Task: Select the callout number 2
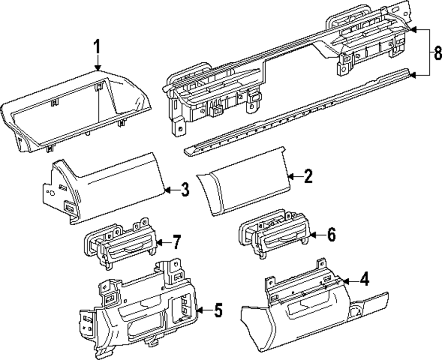point(308,177)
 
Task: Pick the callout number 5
point(218,311)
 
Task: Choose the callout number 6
point(331,234)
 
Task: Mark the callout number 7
point(176,242)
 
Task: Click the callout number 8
point(437,53)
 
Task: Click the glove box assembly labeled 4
point(309,318)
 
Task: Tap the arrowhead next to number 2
point(290,177)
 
